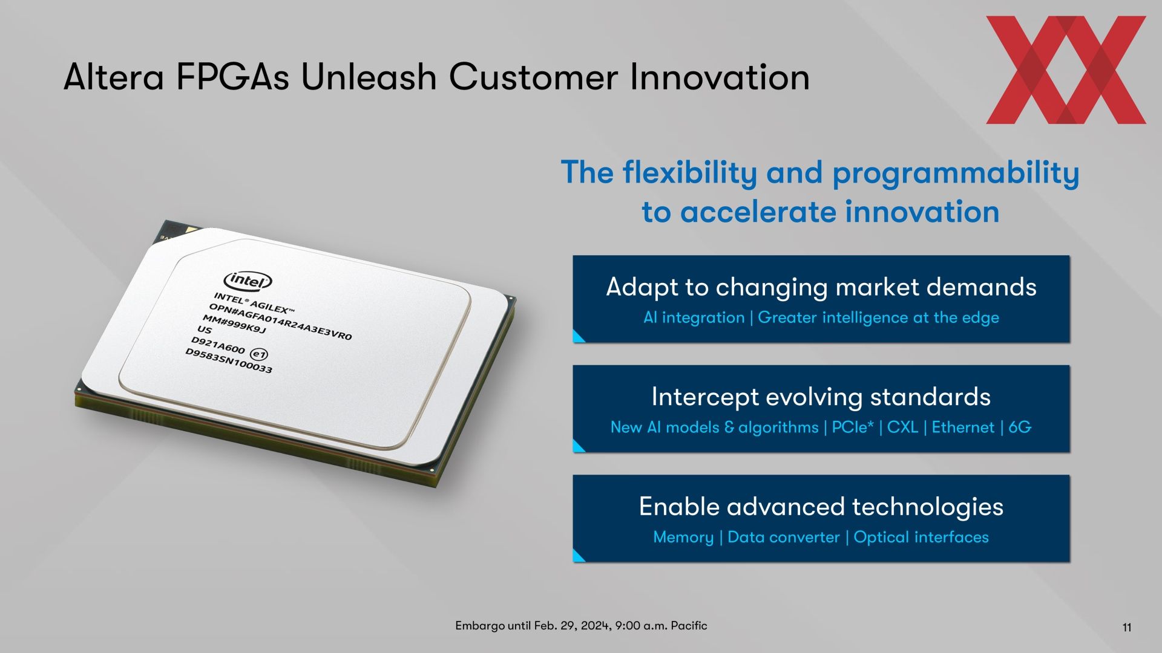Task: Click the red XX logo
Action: pos(1066,70)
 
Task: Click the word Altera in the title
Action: pos(114,77)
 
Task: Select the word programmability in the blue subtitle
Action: pos(956,174)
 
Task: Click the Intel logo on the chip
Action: pos(248,281)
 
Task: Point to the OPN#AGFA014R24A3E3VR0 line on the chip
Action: pos(280,322)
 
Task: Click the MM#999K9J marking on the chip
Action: pos(234,324)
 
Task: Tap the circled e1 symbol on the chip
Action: pos(259,354)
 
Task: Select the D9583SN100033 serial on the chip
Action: pos(229,361)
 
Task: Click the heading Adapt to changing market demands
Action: pos(821,287)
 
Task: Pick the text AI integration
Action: pos(694,317)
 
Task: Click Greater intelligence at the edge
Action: pos(878,317)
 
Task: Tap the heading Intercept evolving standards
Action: pos(821,397)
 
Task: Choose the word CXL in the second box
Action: pos(902,427)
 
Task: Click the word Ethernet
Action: pos(963,427)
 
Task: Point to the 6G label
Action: pos(1020,427)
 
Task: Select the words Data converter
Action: pos(784,538)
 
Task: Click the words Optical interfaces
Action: pos(921,538)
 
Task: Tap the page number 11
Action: pos(1127,628)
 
